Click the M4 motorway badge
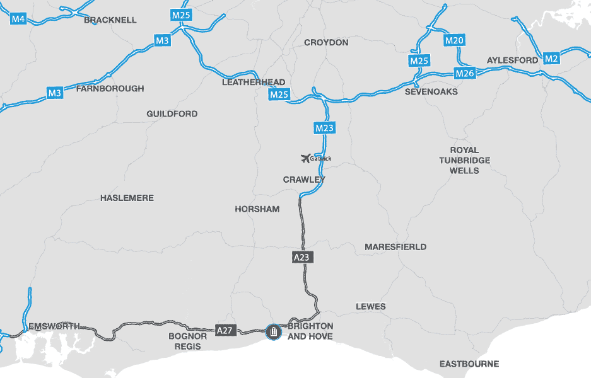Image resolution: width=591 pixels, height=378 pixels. (18, 19)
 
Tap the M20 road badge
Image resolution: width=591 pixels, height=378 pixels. (454, 41)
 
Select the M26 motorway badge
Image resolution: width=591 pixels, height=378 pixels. (464, 74)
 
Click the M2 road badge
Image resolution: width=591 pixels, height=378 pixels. (551, 59)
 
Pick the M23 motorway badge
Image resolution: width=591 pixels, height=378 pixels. (324, 129)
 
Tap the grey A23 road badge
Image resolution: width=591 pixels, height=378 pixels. (303, 257)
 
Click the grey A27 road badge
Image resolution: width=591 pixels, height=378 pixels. (225, 330)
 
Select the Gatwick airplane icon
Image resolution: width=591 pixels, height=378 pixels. (307, 158)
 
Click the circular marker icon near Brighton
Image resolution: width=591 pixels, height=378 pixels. (273, 331)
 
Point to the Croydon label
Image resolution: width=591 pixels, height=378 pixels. (326, 43)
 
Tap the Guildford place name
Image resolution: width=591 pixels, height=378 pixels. (172, 114)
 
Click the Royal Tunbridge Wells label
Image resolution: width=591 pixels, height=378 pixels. (464, 160)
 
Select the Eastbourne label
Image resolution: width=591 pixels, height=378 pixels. (469, 364)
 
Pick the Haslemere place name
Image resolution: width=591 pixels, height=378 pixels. (127, 198)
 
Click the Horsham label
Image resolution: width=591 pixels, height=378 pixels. (257, 209)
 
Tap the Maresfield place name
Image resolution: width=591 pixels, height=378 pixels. (395, 247)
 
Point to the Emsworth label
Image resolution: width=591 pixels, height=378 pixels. (54, 326)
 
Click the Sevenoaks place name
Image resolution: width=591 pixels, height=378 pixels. (431, 92)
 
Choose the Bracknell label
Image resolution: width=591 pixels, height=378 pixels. (110, 20)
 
